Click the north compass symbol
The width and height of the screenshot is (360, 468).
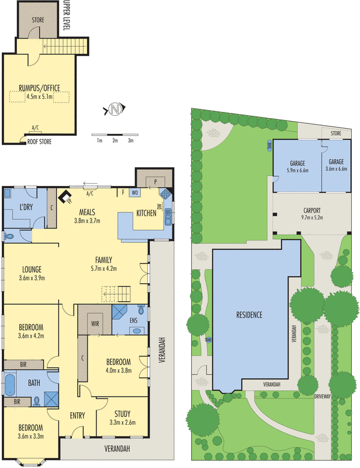click(115, 108)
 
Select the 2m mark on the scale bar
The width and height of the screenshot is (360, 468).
click(115, 140)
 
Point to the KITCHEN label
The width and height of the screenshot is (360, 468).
click(146, 214)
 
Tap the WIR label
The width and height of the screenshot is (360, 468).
click(95, 322)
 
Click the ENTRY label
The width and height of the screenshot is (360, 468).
click(77, 416)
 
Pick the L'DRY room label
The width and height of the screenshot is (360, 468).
click(25, 208)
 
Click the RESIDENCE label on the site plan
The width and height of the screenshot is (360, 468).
click(250, 315)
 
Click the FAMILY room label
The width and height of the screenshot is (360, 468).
click(104, 260)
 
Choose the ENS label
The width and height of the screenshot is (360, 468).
click(134, 320)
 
